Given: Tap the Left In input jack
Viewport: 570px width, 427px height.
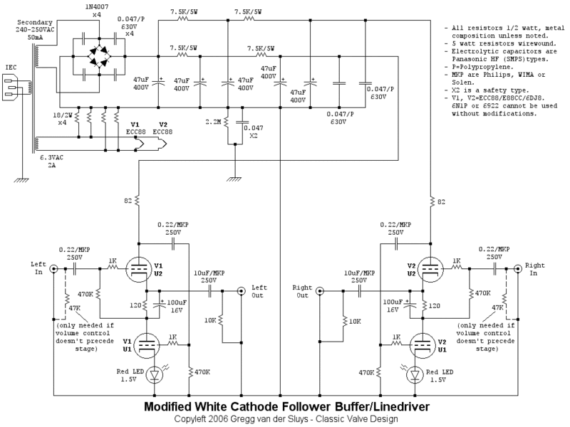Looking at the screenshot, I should pyautogui.click(x=54, y=269).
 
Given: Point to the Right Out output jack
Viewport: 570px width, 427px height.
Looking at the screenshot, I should pyautogui.click(x=320, y=290).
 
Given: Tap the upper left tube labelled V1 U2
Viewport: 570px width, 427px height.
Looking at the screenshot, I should pyautogui.click(x=140, y=268).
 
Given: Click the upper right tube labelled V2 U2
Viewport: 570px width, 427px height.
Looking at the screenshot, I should pyautogui.click(x=430, y=268).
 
